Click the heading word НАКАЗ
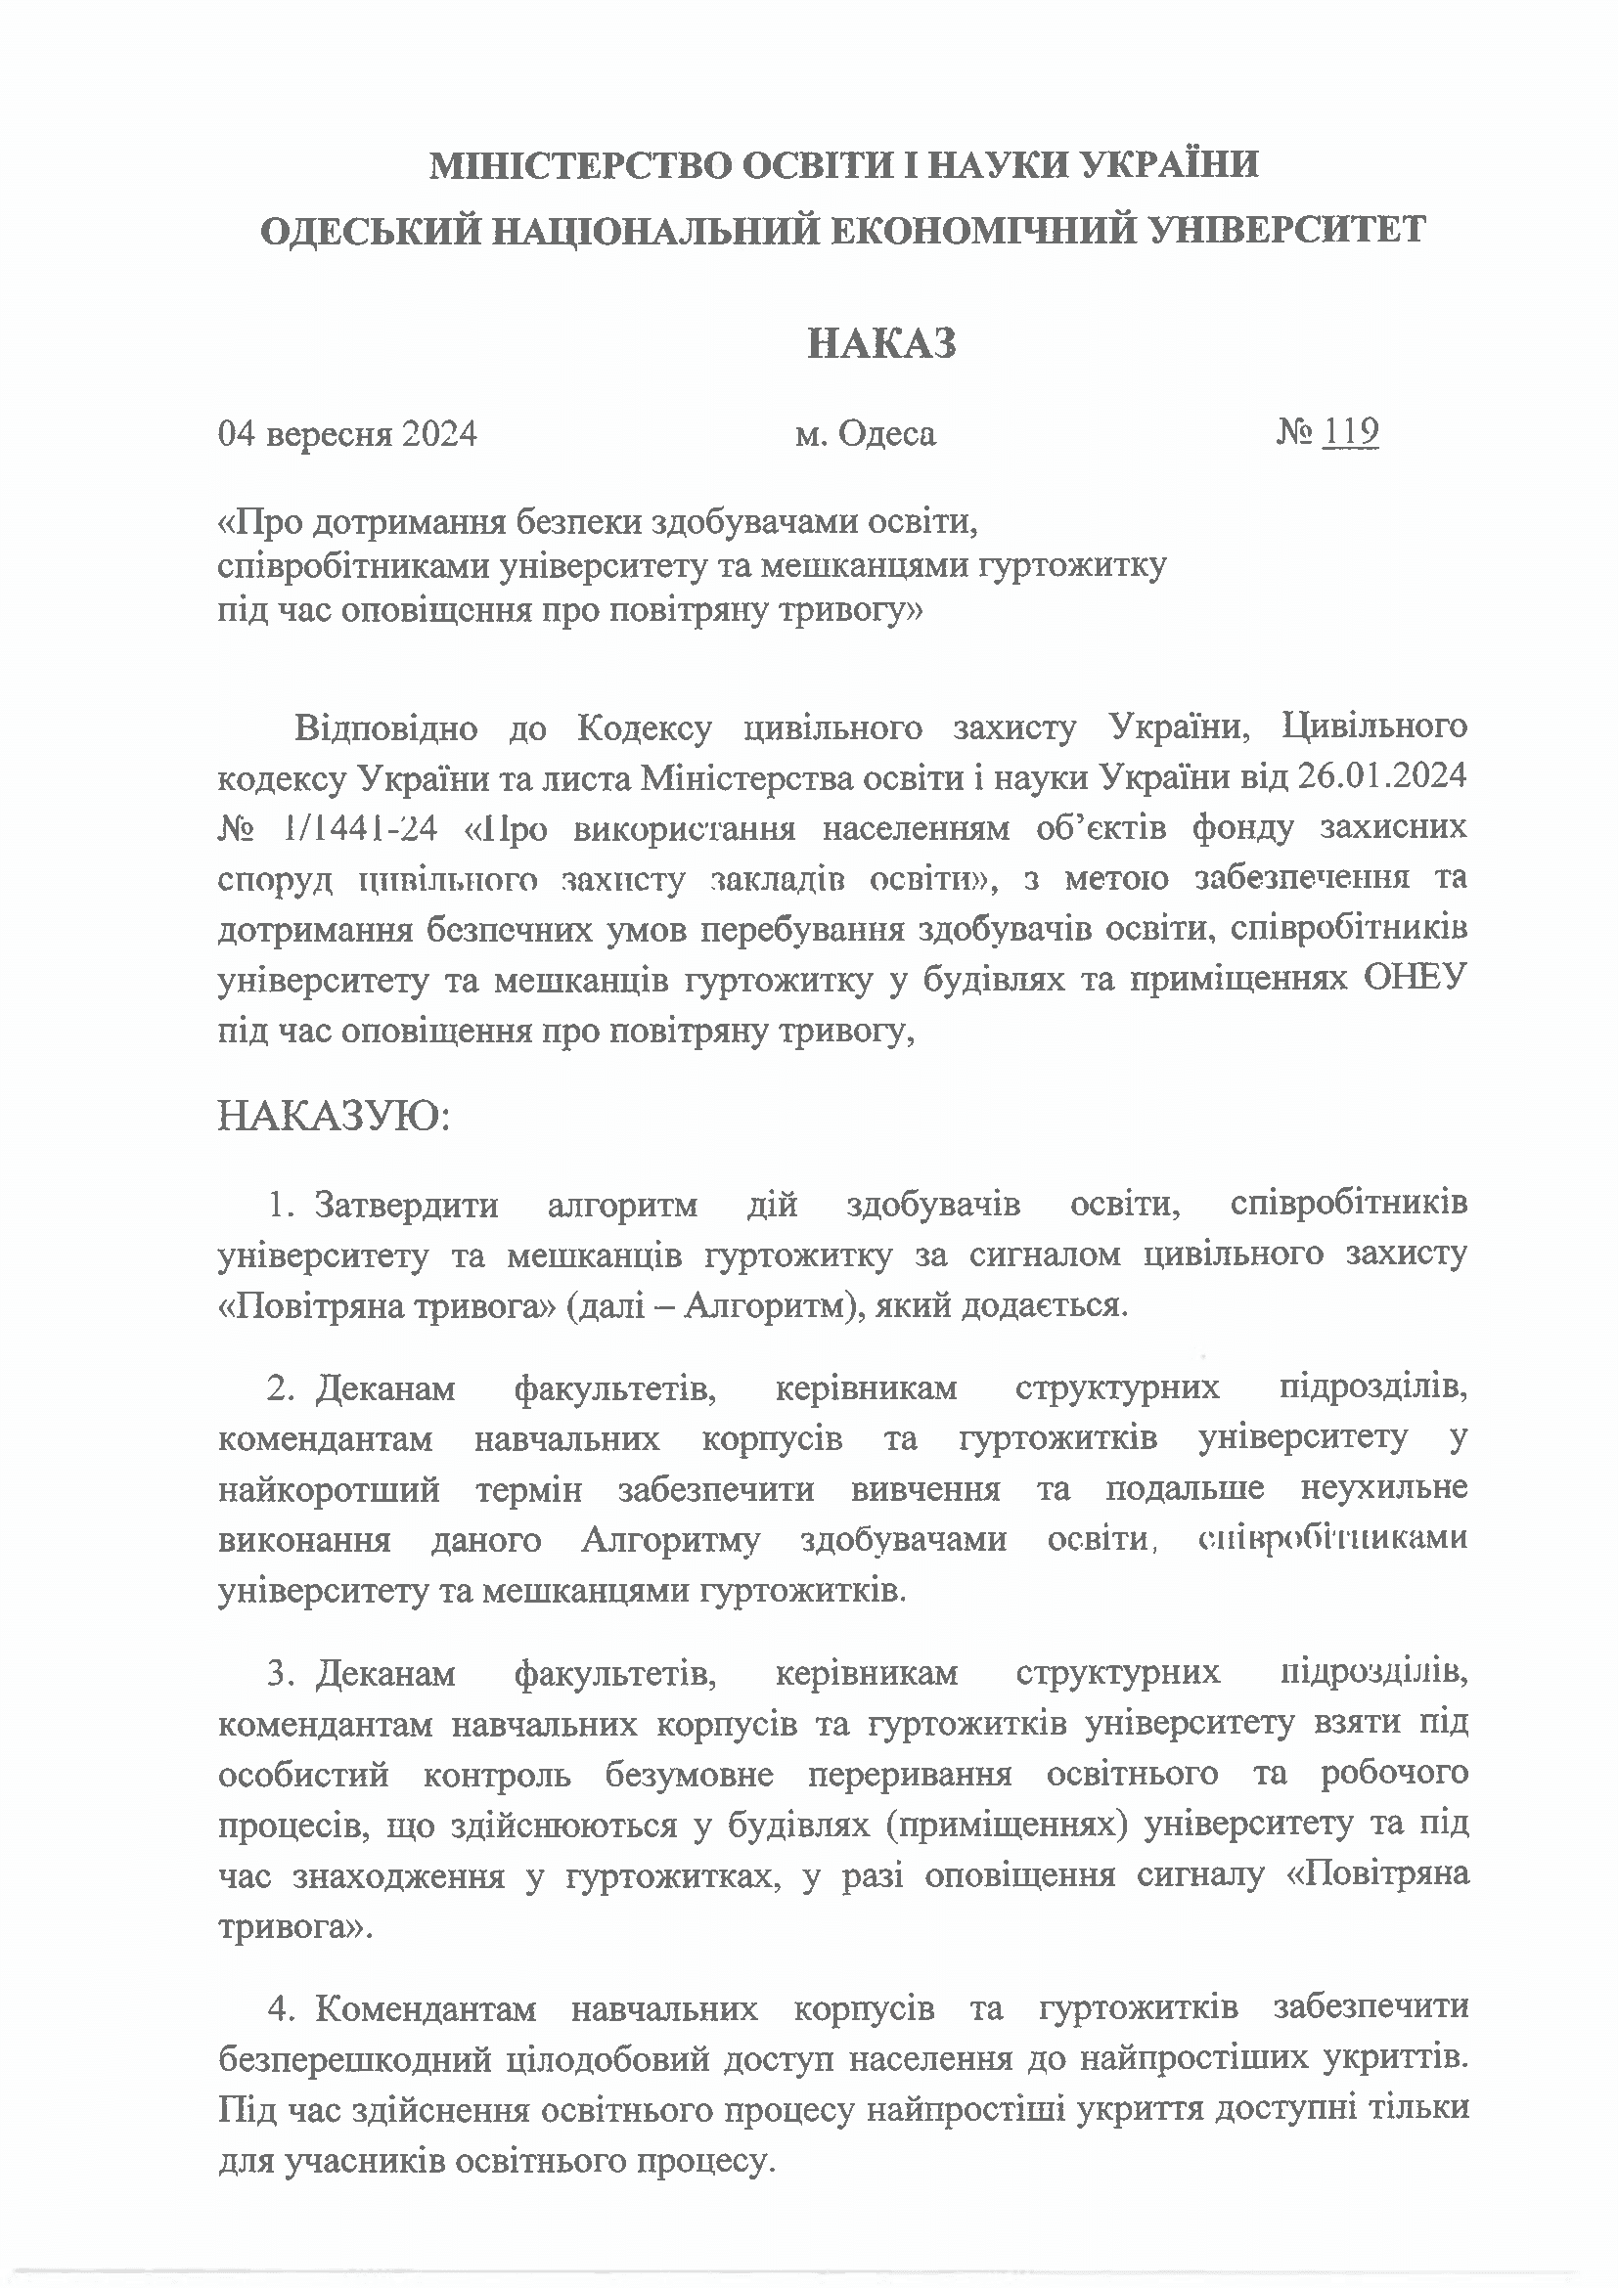881,344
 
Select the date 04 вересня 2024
347,434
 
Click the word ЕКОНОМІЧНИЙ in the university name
986,230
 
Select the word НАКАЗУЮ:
334,1117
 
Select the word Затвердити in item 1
407,1205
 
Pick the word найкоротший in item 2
328,1490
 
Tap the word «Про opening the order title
257,520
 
